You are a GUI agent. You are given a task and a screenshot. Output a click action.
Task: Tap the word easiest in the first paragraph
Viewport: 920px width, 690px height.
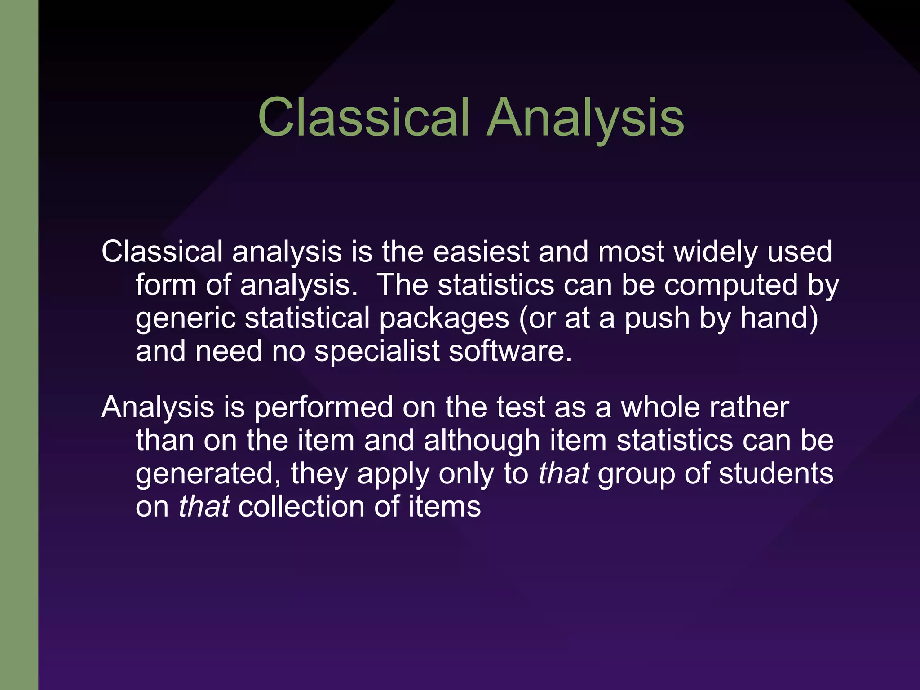pos(481,252)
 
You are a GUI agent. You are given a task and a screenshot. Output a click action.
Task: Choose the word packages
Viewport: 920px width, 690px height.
pos(444,318)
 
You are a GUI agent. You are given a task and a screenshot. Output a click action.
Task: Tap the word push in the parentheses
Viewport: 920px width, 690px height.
pos(657,318)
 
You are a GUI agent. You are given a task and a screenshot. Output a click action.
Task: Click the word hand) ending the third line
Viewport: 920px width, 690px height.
pos(778,318)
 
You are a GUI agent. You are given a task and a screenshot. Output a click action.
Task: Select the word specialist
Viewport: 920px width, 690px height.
pos(377,351)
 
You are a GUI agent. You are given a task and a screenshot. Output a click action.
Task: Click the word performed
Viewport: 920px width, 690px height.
pos(323,407)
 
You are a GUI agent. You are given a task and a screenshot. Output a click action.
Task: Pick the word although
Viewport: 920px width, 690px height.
pos(482,440)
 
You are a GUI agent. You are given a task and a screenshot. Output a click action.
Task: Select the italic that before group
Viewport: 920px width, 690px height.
pos(563,473)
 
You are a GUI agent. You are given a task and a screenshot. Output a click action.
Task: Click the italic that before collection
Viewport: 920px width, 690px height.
pos(204,507)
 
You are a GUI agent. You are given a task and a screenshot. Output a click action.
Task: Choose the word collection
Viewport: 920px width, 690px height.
pos(301,507)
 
